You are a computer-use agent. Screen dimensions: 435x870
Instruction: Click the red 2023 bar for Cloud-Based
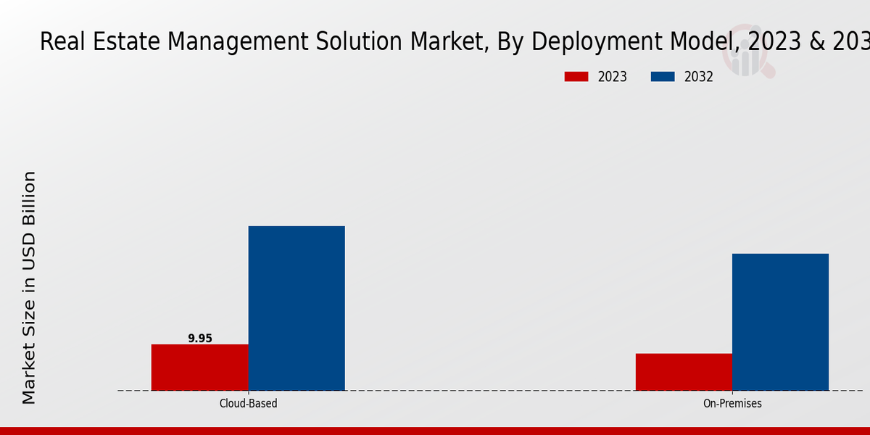coord(199,368)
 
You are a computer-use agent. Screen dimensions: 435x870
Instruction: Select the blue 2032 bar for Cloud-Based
coord(297,308)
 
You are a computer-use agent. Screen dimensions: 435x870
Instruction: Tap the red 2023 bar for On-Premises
coord(684,372)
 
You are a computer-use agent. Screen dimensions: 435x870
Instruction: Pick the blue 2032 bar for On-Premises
coord(780,322)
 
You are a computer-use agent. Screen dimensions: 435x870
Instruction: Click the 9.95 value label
coord(200,338)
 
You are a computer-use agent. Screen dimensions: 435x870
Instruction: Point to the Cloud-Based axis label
coord(248,403)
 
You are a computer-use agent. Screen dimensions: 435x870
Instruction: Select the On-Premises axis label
coord(732,403)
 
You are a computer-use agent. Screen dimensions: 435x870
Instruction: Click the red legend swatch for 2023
coord(576,77)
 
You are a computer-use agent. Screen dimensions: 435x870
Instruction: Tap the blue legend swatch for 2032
coord(663,77)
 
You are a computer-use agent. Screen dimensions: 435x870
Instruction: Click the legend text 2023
coord(613,77)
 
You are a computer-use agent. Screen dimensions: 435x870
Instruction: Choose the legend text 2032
coord(699,77)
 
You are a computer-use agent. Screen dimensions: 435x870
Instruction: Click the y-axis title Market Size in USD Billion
coord(29,287)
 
